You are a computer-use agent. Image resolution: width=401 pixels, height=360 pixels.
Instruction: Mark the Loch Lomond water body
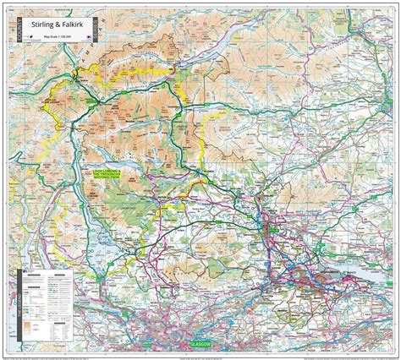80,245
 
